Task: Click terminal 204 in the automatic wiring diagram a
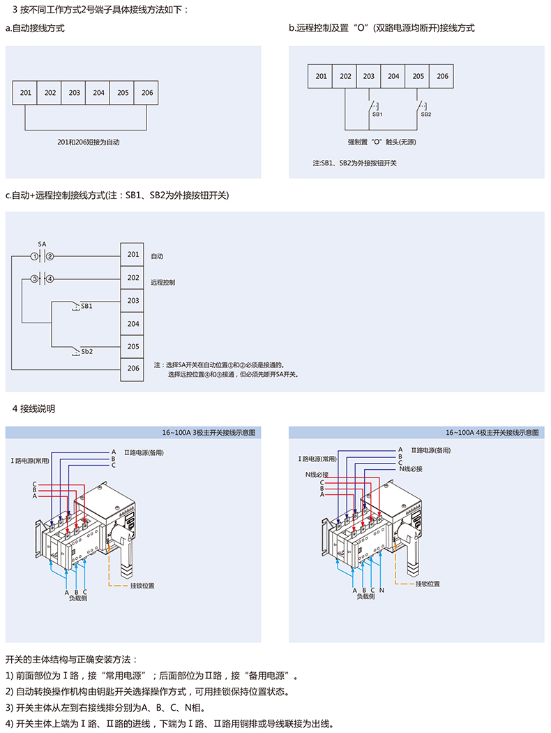coord(98,93)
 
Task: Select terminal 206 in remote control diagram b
coord(442,76)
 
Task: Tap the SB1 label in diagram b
coord(377,114)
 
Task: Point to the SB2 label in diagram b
coord(425,114)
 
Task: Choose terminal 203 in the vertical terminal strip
coord(133,301)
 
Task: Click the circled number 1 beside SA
coord(34,256)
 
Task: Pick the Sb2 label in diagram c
coord(86,351)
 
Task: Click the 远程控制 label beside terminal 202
coord(163,283)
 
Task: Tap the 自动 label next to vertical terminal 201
coord(157,256)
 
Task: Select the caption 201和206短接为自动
coord(89,142)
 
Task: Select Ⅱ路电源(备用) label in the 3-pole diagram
coord(144,452)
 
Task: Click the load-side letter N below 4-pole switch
coord(382,590)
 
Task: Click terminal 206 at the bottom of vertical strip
coord(133,369)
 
